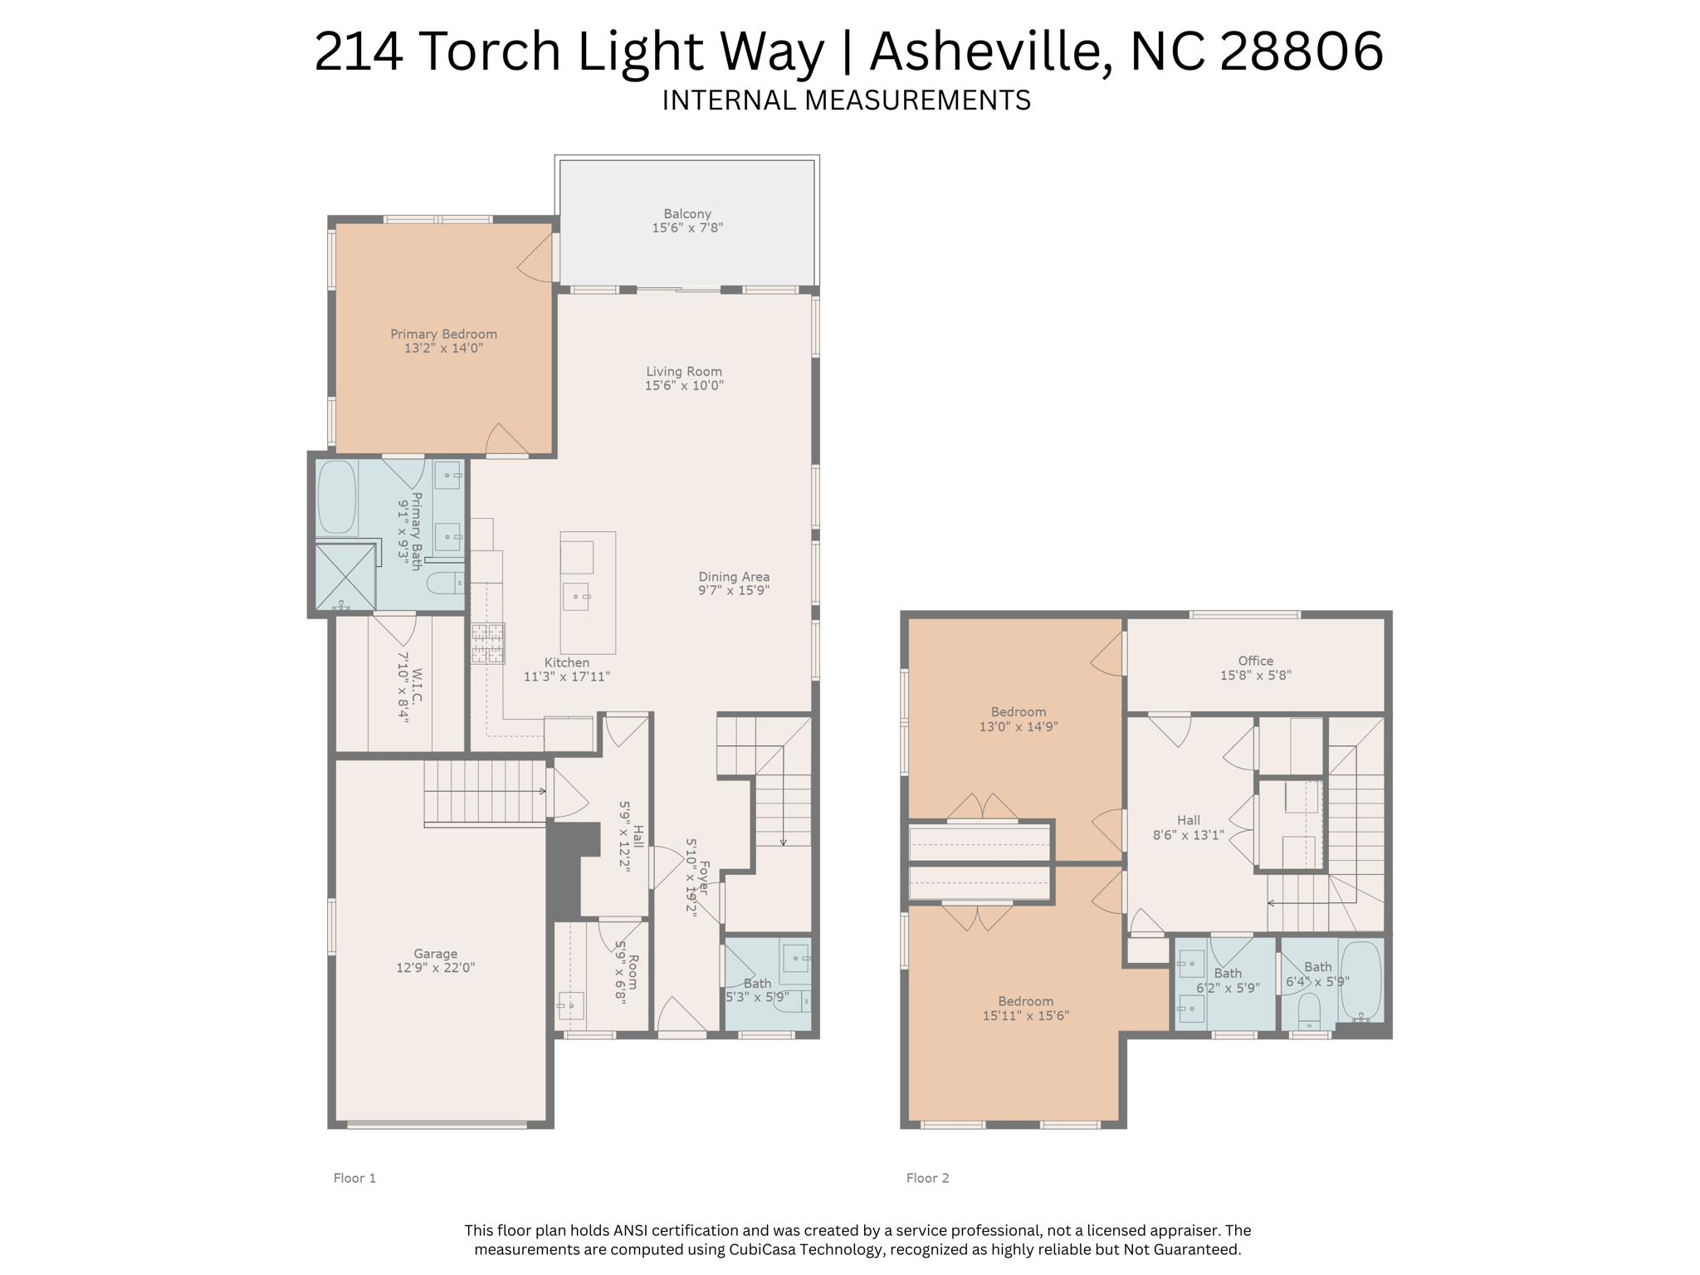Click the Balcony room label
coord(686,213)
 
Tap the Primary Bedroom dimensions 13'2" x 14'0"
coord(443,349)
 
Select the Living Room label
coord(684,371)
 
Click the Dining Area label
coord(733,576)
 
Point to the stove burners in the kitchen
coord(488,644)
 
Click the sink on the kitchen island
coord(576,596)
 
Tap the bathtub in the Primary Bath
coord(337,498)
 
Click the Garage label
coord(436,954)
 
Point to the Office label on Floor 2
coord(1255,661)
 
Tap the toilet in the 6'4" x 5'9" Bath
coord(1309,1011)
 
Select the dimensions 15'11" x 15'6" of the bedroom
coord(1026,1015)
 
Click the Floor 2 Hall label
coord(1188,820)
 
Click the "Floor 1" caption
coord(354,1178)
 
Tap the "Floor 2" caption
coord(927,1178)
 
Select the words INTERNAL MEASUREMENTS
coord(846,100)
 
